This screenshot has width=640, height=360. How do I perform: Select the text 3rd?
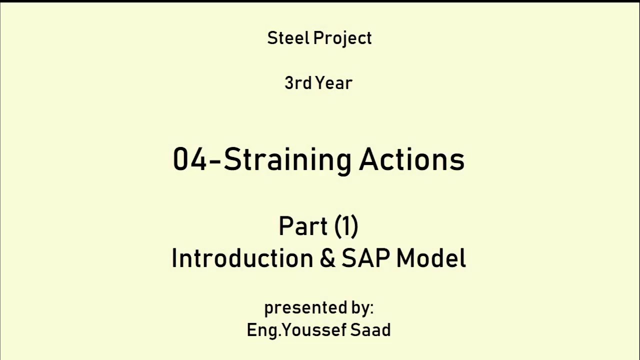(298, 83)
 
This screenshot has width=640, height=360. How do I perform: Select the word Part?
(302, 226)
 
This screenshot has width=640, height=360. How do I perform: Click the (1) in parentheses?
(346, 226)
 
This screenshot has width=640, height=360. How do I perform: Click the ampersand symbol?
(327, 258)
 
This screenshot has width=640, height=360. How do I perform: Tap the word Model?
(431, 258)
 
